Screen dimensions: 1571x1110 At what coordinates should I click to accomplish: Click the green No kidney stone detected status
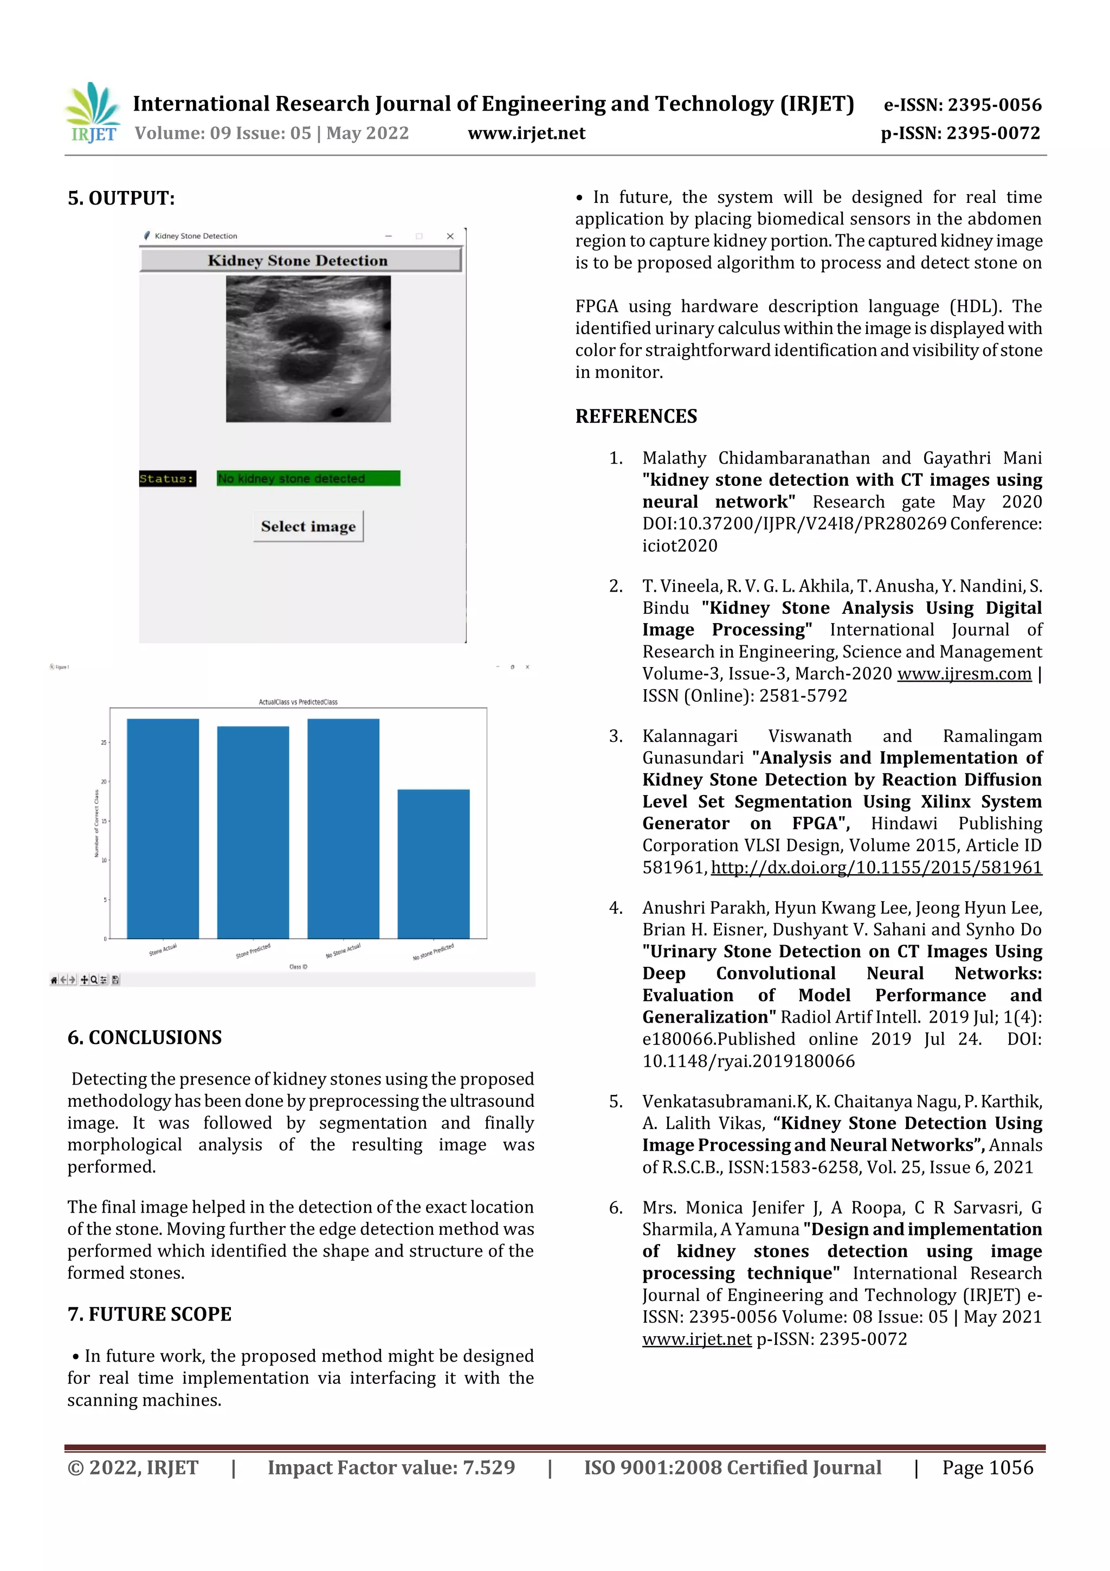(308, 478)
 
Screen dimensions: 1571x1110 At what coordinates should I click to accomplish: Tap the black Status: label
(167, 478)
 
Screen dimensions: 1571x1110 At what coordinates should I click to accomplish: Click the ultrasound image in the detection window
(308, 348)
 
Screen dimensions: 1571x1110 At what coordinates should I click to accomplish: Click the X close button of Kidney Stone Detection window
(450, 236)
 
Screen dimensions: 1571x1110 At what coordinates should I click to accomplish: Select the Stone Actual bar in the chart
(163, 828)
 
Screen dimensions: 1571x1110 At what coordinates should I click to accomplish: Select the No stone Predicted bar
(433, 863)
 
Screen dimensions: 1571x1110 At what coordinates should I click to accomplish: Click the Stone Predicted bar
(253, 831)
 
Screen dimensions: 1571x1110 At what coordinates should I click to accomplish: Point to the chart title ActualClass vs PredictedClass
(298, 702)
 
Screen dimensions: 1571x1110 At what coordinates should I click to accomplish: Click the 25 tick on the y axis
(104, 742)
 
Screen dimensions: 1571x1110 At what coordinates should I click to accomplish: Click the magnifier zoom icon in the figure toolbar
(94, 980)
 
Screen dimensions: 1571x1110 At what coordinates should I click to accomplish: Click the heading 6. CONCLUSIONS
(144, 1037)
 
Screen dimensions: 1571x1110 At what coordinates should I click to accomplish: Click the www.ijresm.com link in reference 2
(964, 674)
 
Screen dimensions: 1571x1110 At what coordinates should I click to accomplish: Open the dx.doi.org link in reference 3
(875, 868)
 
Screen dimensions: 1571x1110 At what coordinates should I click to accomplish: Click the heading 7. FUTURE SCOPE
(149, 1314)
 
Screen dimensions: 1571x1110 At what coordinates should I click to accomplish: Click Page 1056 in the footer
(987, 1467)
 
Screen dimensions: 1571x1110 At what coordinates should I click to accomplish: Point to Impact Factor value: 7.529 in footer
(391, 1467)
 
